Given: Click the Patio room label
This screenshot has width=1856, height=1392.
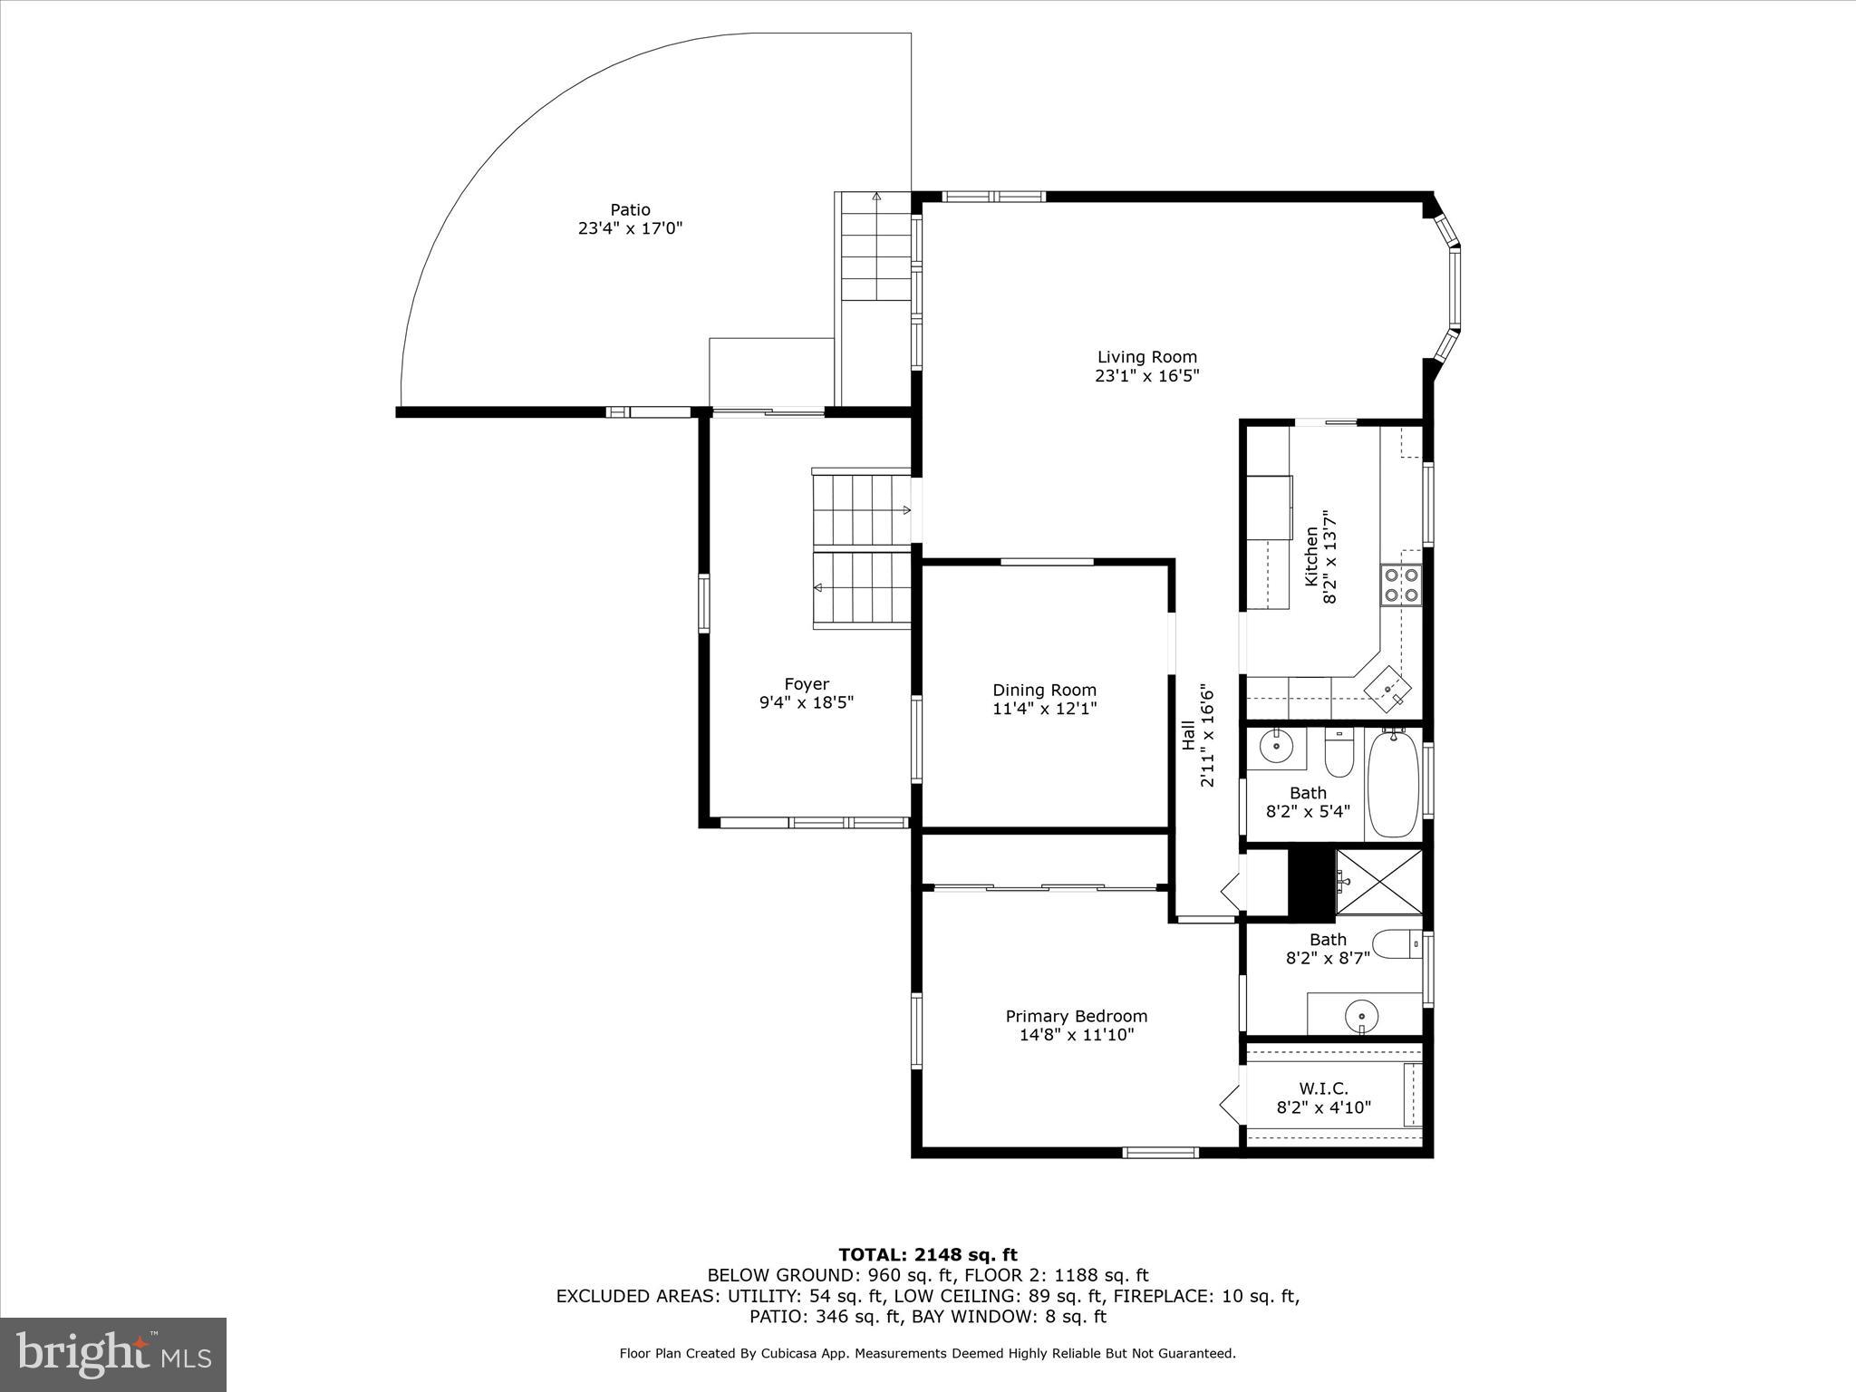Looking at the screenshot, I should click(630, 210).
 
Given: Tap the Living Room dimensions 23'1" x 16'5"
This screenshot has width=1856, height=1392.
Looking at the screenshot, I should click(1146, 376).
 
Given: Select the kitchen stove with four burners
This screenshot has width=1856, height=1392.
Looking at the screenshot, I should click(1400, 585).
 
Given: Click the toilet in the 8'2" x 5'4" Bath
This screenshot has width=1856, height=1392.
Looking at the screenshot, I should click(1339, 754).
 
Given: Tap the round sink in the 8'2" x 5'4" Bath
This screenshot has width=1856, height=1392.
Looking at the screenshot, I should click(1276, 748).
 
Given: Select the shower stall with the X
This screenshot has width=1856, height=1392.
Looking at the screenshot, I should click(1378, 882).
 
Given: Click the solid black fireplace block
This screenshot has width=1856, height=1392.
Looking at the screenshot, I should click(1311, 882).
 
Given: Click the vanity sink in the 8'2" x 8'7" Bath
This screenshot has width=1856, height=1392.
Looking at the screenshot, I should click(1361, 1013).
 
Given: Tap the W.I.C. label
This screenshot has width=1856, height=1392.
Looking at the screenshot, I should click(1323, 1088).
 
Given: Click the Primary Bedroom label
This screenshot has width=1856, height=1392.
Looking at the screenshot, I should click(1076, 1017).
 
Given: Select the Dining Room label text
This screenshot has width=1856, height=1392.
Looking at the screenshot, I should click(1044, 691).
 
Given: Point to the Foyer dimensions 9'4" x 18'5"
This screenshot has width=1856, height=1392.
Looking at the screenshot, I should click(807, 702).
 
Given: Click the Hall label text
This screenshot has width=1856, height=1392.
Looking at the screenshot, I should click(1188, 735).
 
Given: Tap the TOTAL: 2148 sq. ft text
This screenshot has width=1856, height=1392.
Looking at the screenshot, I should click(927, 1254).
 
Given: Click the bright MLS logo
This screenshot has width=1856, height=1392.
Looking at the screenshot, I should click(113, 1353).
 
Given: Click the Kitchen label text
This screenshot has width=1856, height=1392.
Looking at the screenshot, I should click(1310, 556).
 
